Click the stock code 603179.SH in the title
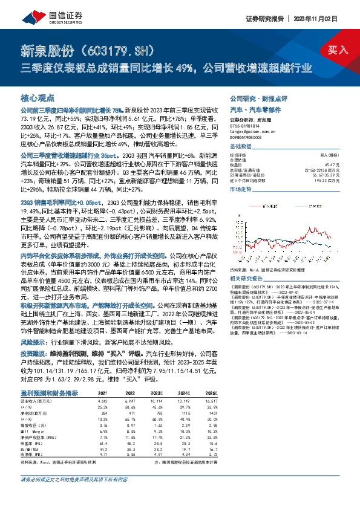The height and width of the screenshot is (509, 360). tap(123, 49)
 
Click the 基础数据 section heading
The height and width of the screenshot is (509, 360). tap(240, 147)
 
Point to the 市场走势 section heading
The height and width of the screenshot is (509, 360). tap(240, 189)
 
